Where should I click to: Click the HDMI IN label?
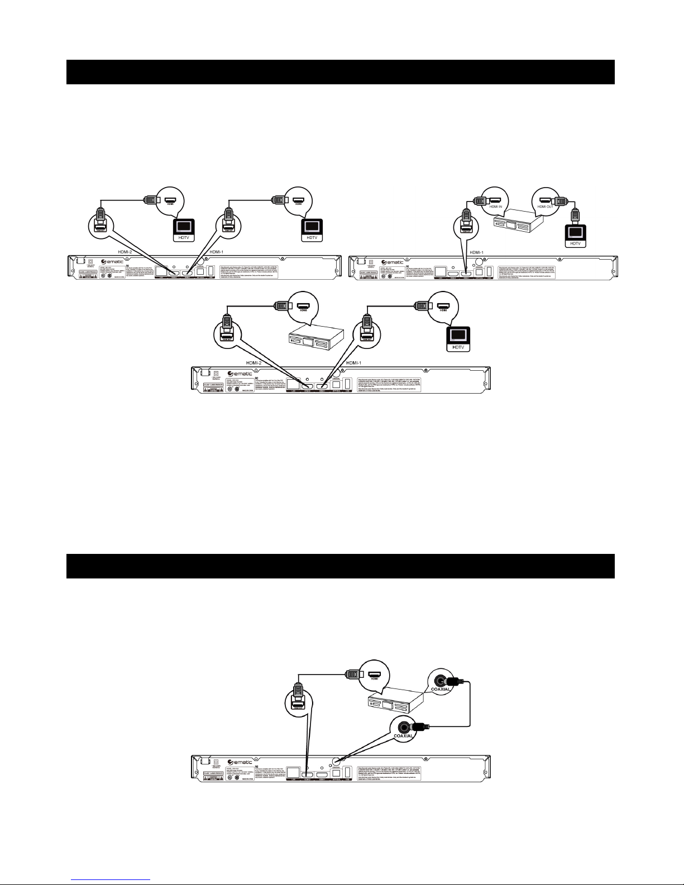496,206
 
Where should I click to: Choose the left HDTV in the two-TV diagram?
184,229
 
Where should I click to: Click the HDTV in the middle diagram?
457,337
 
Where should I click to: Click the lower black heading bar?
340,566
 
